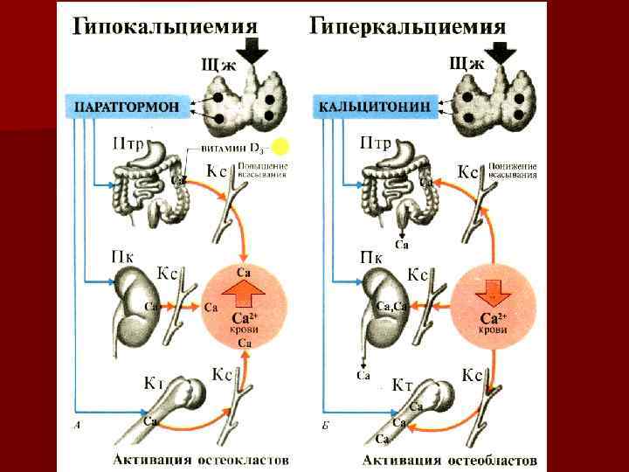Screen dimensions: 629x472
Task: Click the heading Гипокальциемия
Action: click(165, 24)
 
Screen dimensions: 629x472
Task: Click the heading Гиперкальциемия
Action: click(408, 25)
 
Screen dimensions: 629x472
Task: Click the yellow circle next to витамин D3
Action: click(280, 147)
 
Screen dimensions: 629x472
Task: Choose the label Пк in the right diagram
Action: click(370, 258)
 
